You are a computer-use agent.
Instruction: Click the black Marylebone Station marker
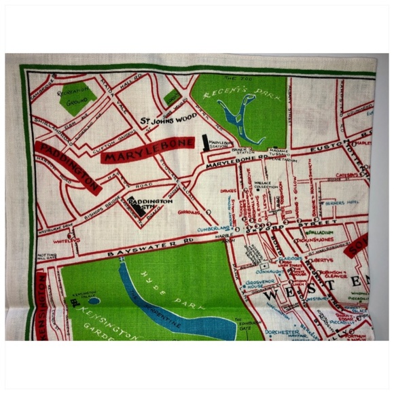(204, 143)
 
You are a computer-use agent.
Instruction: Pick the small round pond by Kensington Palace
(94, 300)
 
